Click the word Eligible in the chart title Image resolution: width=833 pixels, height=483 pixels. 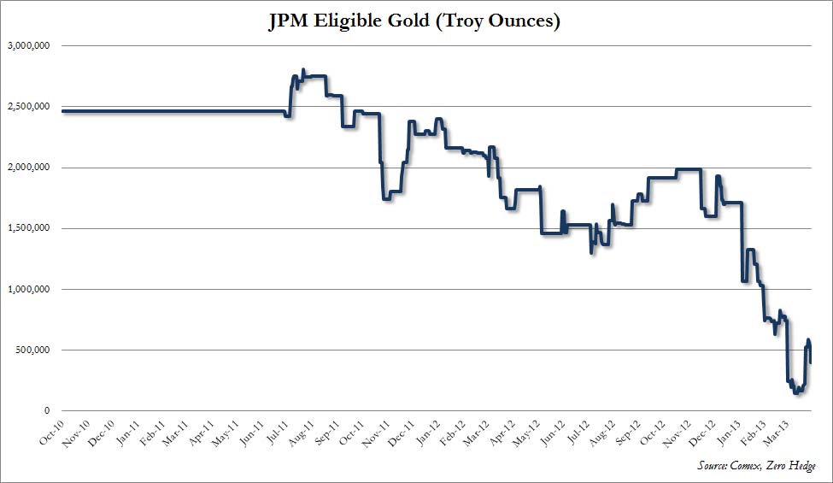click(x=360, y=21)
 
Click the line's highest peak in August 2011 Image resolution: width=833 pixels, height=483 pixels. click(x=304, y=70)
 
